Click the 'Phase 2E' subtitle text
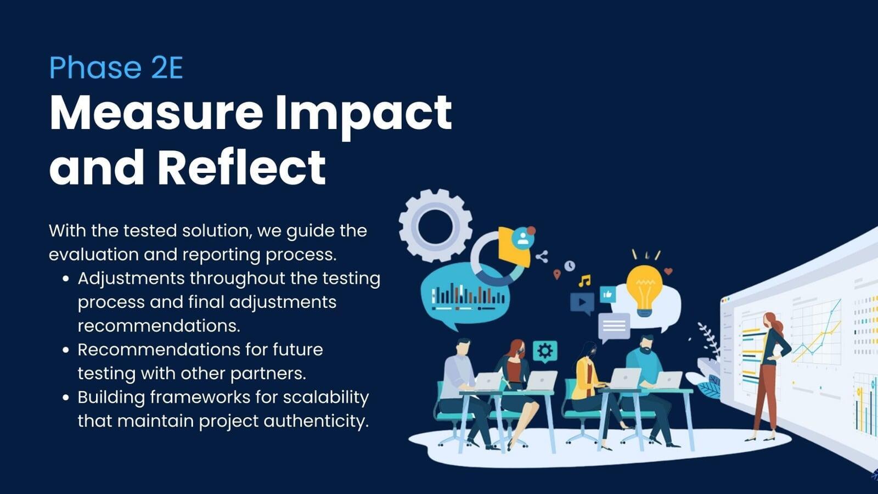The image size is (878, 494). click(116, 68)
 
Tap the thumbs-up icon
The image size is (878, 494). click(607, 294)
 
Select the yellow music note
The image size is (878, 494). click(584, 280)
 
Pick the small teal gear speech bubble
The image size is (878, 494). click(545, 351)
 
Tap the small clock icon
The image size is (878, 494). click(570, 266)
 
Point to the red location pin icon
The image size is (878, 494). click(556, 274)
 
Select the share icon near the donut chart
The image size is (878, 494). click(542, 257)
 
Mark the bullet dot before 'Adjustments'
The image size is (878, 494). click(66, 279)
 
